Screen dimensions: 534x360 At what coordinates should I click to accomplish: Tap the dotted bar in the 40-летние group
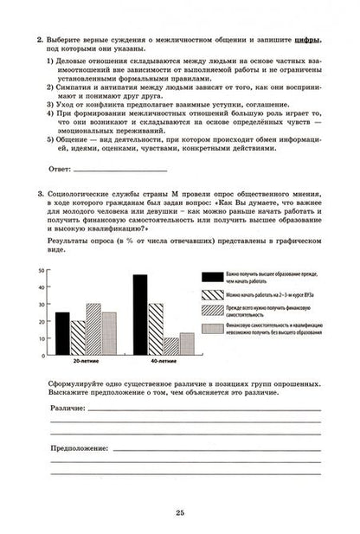[188, 344]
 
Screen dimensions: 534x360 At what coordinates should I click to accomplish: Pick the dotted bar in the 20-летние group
[109, 333]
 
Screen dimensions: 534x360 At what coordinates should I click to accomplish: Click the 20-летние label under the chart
[85, 362]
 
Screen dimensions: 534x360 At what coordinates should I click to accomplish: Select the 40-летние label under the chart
[163, 362]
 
